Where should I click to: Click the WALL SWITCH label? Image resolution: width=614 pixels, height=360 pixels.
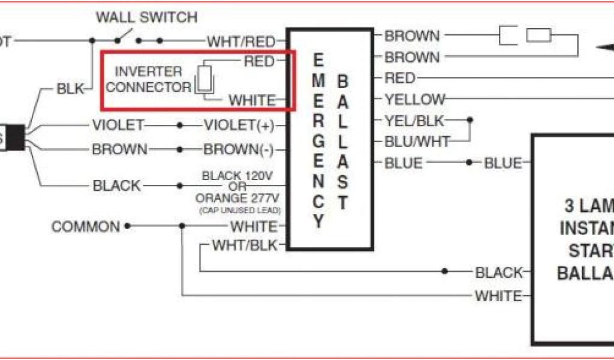(x=146, y=17)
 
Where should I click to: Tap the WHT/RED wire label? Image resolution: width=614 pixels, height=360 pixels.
(x=241, y=41)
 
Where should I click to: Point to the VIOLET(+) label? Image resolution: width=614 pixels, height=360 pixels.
(x=239, y=125)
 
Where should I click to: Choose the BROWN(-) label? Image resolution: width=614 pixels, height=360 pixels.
(x=239, y=149)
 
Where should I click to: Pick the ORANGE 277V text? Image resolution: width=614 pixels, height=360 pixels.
(x=239, y=197)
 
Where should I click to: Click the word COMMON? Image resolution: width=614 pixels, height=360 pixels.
(x=86, y=227)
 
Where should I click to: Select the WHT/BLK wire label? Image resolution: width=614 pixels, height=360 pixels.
(x=245, y=246)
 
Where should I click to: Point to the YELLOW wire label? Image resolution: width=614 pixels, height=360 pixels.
(x=415, y=99)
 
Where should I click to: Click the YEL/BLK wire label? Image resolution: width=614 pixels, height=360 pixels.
(x=414, y=121)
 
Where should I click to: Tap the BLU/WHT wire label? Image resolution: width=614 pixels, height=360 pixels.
(x=417, y=142)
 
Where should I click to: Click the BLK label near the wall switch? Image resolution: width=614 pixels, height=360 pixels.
(x=71, y=89)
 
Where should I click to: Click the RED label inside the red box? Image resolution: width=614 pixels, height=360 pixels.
(x=259, y=61)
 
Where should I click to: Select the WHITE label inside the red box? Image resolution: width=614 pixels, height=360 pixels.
(x=252, y=100)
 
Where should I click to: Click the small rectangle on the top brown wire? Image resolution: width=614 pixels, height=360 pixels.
(x=538, y=35)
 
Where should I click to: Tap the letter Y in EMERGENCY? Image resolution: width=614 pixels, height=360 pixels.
(x=318, y=221)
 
